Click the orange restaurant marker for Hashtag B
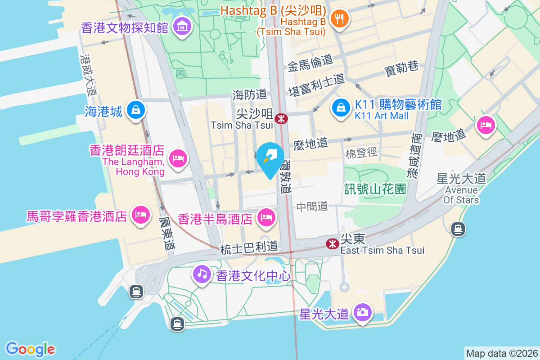337,19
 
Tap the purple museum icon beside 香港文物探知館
183,27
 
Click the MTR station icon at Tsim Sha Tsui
281,119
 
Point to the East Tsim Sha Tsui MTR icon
333,244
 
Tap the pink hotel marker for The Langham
178,158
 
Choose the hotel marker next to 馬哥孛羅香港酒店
140,215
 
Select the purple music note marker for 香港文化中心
202,274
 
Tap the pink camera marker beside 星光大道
362,312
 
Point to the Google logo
30,349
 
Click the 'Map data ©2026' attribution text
501,353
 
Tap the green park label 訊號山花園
375,189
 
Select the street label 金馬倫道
310,60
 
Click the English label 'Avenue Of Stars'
461,194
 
